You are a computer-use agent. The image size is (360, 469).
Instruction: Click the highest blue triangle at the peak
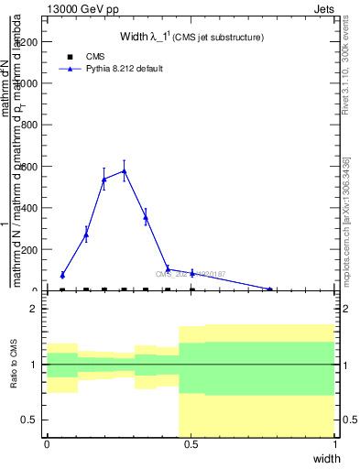point(124,170)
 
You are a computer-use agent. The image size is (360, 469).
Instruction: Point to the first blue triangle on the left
point(62,275)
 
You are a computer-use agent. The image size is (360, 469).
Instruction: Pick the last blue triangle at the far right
point(269,289)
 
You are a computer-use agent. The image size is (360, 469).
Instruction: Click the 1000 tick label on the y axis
point(28,83)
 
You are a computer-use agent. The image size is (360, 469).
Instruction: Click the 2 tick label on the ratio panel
point(33,310)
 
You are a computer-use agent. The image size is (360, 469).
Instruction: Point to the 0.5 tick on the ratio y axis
point(29,420)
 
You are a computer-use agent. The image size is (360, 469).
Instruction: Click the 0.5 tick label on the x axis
point(191,445)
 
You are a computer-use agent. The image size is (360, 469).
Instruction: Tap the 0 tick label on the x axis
point(46,445)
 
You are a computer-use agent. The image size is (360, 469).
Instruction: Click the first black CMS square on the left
point(62,289)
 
